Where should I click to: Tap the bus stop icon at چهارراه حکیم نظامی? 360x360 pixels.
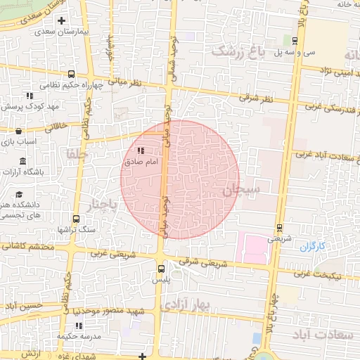tap(71, 74)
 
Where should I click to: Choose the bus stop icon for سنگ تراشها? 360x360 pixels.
tap(76, 219)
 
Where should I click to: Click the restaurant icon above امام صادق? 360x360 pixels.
tap(140, 150)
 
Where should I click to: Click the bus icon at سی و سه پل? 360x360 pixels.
tap(294, 40)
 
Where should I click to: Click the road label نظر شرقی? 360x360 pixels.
tap(259, 97)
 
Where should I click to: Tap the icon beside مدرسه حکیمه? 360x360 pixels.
tap(79, 325)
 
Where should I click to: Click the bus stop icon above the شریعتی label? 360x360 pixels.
tap(280, 227)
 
